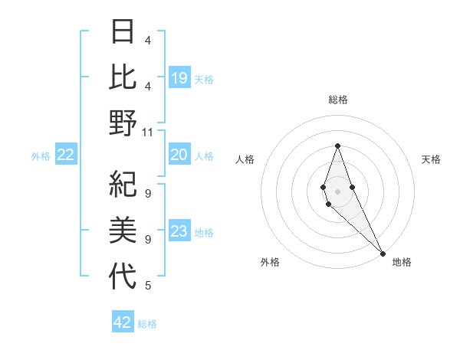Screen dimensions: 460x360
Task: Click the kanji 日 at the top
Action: click(x=123, y=33)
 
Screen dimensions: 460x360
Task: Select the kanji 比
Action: click(x=123, y=77)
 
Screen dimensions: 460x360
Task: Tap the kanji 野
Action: click(x=123, y=123)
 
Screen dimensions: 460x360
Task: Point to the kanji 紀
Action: click(x=123, y=186)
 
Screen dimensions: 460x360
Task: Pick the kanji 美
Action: click(x=123, y=231)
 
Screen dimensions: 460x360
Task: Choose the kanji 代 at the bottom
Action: click(x=123, y=276)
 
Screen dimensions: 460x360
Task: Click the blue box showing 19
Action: click(x=179, y=78)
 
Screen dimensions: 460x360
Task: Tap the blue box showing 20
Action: click(x=179, y=155)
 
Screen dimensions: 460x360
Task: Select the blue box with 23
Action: click(x=179, y=231)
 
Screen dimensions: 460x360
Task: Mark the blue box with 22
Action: click(x=66, y=155)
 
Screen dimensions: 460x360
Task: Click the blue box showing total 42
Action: click(x=123, y=322)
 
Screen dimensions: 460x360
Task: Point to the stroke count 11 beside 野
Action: click(x=148, y=132)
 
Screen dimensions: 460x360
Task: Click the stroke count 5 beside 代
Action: click(x=148, y=286)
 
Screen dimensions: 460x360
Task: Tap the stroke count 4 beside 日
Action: click(x=148, y=40)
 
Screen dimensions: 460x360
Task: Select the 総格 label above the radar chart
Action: click(x=337, y=100)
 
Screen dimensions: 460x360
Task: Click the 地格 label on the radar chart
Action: click(x=402, y=263)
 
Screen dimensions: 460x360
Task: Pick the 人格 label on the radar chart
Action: click(x=245, y=159)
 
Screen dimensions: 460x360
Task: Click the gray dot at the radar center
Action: click(x=337, y=190)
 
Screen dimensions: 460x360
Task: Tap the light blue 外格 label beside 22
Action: click(x=41, y=156)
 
